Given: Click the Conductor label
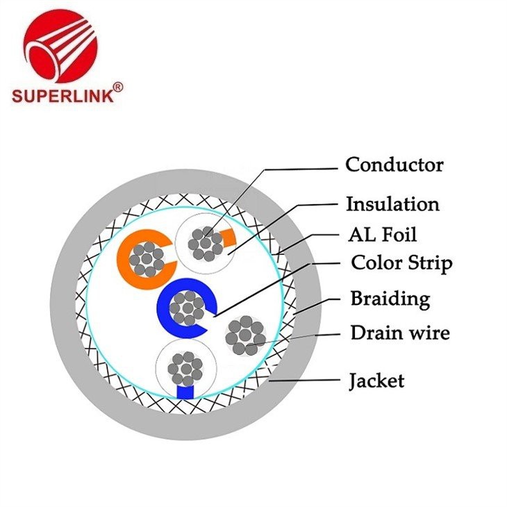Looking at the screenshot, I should [394, 165].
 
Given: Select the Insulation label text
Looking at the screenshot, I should [392, 204].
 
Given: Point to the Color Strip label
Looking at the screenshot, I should [401, 264].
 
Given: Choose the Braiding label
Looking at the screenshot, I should [390, 299].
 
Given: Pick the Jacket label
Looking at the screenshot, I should [376, 381].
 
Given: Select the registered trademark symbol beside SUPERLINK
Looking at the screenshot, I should [117, 87].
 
